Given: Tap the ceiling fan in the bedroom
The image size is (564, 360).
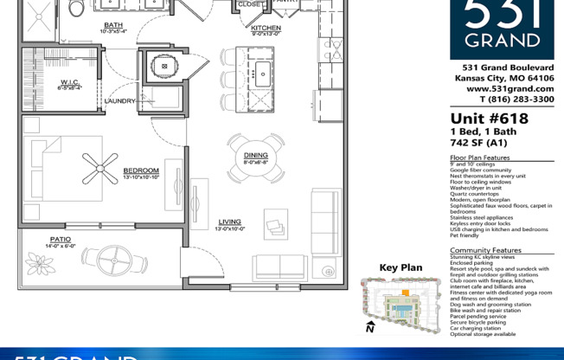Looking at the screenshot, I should tap(99, 164).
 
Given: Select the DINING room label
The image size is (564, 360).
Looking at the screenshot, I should tap(255, 156).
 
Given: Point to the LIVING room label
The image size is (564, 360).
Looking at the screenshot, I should tap(229, 222).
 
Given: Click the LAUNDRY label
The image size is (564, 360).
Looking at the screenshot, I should tap(119, 101).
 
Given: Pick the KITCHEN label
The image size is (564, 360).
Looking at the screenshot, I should tap(266, 28).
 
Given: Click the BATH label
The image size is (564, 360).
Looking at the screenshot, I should tap(113, 25).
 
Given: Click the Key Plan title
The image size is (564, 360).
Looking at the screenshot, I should tap(401, 267).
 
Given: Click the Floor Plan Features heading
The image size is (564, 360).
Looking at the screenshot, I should tap(480, 158).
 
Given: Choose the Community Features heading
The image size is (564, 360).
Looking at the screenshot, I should tap(485, 250).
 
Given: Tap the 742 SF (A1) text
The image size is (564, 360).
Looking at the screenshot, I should tap(478, 142).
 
